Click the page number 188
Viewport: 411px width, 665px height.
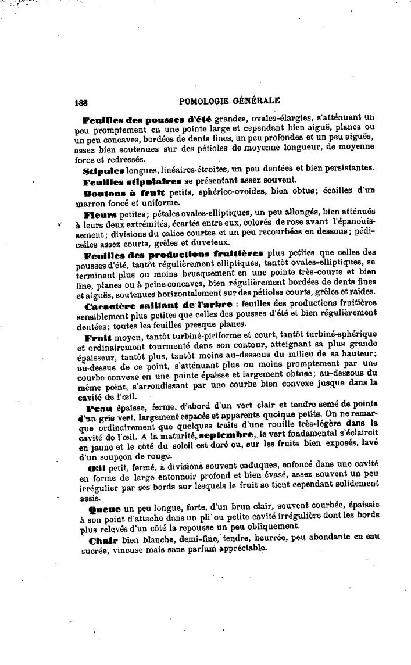point(81,99)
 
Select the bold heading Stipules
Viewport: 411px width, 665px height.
point(103,169)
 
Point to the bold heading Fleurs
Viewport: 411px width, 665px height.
point(101,215)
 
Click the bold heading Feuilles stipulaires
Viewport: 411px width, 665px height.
point(124,181)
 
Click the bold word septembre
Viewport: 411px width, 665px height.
point(225,435)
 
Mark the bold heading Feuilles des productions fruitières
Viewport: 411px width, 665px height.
point(173,254)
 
